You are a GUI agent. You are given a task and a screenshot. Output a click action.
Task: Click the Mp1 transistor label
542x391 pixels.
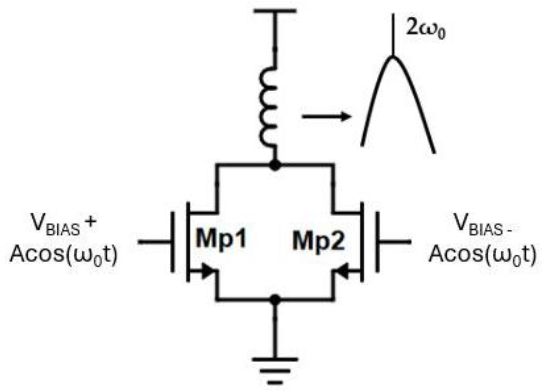coord(221,239)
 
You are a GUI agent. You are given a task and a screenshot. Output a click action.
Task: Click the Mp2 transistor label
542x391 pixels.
coord(318,241)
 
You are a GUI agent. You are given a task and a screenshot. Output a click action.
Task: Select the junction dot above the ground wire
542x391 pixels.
coord(275,300)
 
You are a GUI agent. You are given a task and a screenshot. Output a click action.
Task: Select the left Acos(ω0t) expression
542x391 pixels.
coord(64,254)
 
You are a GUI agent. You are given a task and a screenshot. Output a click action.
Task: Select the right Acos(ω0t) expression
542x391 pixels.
coord(482,254)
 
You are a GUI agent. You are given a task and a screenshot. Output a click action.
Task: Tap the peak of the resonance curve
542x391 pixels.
coord(393,58)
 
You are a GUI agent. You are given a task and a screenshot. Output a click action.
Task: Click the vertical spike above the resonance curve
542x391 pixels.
coord(393,34)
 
